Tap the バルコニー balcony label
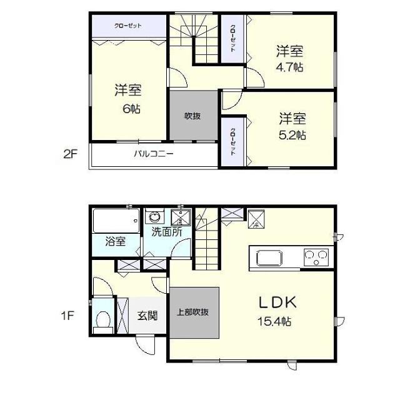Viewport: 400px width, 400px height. [x=153, y=154]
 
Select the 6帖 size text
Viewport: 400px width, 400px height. [x=131, y=109]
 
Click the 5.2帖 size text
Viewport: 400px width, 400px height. [x=292, y=134]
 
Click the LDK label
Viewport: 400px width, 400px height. [x=277, y=302]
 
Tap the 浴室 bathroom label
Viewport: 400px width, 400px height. [x=115, y=240]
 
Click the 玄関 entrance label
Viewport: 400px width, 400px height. [x=147, y=315]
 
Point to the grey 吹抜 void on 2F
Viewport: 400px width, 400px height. [x=192, y=116]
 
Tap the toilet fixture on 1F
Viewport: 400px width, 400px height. [x=102, y=317]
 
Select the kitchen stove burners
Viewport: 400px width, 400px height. [x=316, y=256]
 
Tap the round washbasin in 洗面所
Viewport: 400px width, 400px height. [x=154, y=218]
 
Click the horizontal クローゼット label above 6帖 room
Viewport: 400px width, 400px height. [x=128, y=26]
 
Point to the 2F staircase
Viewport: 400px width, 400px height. [x=192, y=37]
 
